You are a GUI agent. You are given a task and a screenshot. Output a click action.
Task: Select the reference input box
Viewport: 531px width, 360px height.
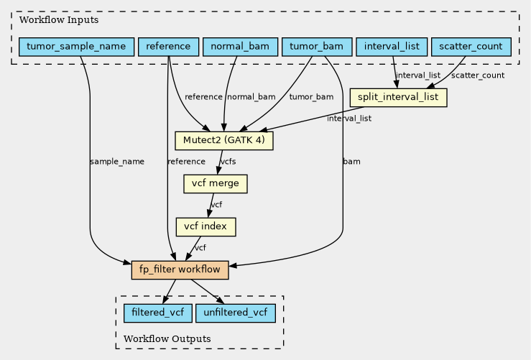tap(168, 47)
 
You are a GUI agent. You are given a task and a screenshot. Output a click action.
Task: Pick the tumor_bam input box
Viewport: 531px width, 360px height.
tap(317, 47)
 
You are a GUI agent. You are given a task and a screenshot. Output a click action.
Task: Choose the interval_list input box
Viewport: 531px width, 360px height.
tap(392, 47)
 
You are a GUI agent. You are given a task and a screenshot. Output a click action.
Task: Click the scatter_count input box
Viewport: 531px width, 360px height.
tap(471, 47)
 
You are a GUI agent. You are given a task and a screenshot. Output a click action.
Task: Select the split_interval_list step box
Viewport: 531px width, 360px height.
tap(398, 97)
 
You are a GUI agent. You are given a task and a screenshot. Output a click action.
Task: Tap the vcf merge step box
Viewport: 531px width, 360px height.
tap(216, 184)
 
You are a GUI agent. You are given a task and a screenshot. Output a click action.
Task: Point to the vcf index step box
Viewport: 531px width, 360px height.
tap(206, 227)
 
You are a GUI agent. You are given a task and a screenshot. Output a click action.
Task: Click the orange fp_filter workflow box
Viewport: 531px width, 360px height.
tap(180, 270)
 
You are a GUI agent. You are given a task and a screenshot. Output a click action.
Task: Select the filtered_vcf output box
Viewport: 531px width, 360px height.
tap(157, 313)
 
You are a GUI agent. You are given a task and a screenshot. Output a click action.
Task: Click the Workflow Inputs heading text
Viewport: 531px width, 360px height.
tap(49, 19)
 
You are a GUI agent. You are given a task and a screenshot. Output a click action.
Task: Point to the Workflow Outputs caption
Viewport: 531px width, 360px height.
tap(167, 338)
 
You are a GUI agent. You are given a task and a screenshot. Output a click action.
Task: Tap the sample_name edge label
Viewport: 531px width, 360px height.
tap(117, 162)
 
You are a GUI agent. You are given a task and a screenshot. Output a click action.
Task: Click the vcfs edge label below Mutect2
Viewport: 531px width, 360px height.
tap(228, 162)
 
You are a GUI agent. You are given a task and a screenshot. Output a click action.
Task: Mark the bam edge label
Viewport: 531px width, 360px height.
tap(352, 162)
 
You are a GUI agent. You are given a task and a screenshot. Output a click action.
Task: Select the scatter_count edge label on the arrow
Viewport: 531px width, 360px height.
tap(478, 75)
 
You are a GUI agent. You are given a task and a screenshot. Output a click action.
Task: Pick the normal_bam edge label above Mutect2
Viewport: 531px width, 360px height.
tap(251, 97)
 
